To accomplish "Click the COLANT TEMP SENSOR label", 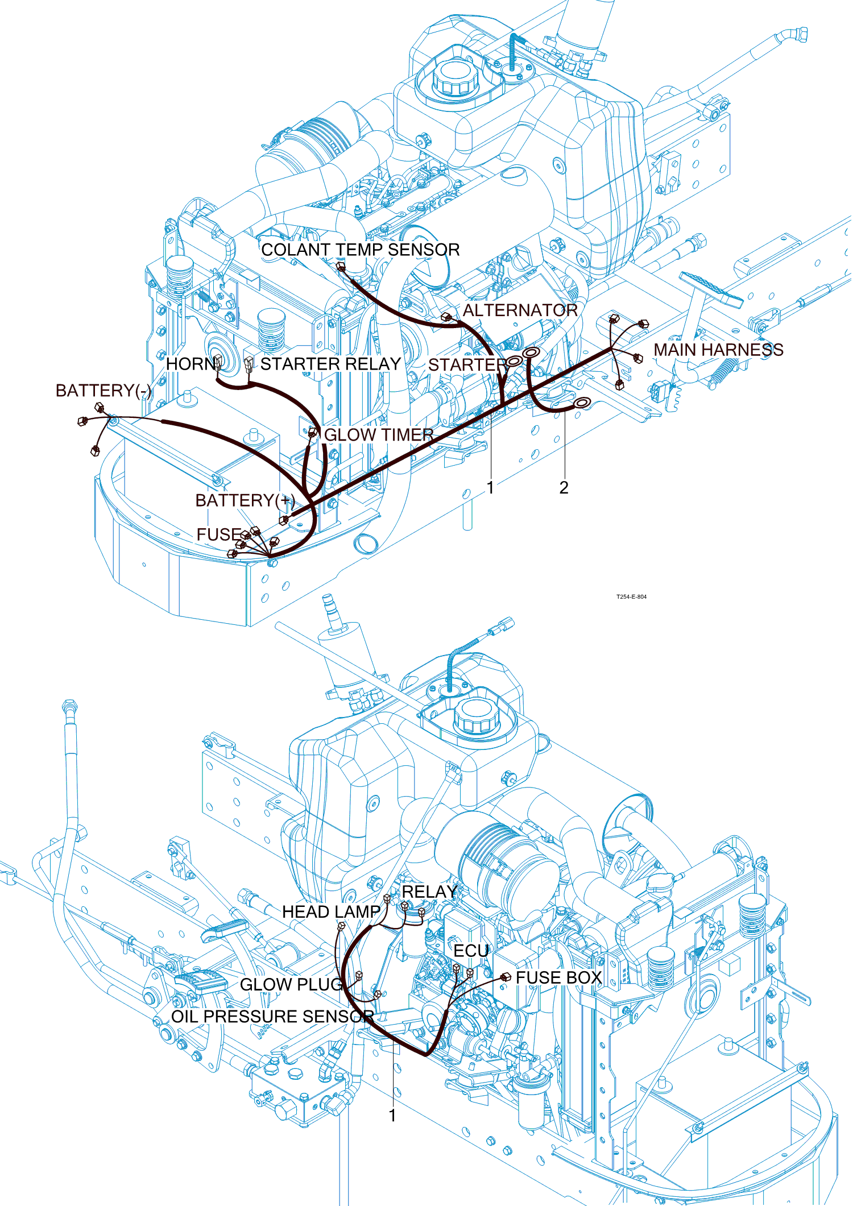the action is coord(361,250).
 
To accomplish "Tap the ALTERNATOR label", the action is coord(520,310).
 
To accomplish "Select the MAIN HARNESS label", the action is coord(719,350).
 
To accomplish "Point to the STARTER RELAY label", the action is coord(331,364).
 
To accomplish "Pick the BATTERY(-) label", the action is coord(104,391).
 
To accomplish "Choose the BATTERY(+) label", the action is coord(245,500).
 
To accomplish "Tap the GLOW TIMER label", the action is coord(379,435).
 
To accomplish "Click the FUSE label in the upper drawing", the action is coord(219,534).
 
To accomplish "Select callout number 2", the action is coord(564,488).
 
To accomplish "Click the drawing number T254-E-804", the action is coord(631,597).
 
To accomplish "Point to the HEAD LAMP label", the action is coord(331,912).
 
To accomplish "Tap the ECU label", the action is coord(471,951).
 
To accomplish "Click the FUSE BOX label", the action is coord(559,977).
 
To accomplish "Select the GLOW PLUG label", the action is coord(292,984).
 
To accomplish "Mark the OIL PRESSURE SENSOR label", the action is coord(273,1016).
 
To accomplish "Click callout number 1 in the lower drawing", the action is coord(392,1116).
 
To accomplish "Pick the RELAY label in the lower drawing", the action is coord(429,892).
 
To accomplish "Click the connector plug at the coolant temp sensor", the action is coord(341,266).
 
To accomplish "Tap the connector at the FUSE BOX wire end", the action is coord(506,977).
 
